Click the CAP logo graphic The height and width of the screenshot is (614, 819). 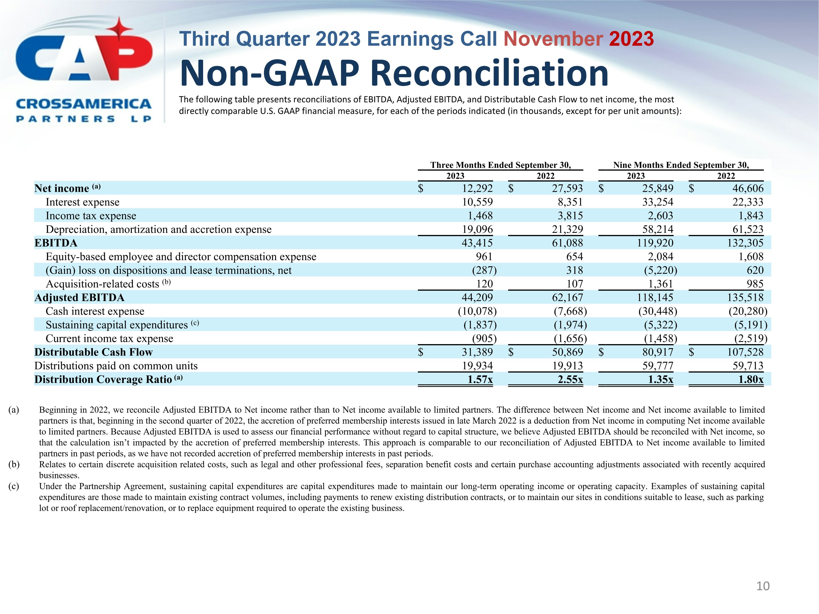pyautogui.click(x=84, y=52)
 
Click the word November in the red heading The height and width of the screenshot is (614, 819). pyautogui.click(x=553, y=39)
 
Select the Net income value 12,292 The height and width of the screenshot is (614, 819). pyautogui.click(x=477, y=188)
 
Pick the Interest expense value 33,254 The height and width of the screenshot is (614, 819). pyautogui.click(x=658, y=202)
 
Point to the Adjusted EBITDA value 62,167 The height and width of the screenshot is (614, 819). pyautogui.click(x=567, y=297)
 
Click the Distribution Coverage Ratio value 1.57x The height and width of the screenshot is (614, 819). pyautogui.click(x=480, y=379)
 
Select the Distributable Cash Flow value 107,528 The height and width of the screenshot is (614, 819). pyautogui.click(x=745, y=352)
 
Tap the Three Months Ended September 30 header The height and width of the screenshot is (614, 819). pyautogui.click(x=500, y=165)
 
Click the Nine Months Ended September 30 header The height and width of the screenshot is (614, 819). pyautogui.click(x=681, y=165)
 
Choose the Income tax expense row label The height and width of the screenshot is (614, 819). pyautogui.click(x=91, y=216)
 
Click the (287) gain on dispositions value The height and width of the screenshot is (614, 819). pyautogui.click(x=484, y=270)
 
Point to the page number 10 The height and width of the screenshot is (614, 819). pyautogui.click(x=763, y=586)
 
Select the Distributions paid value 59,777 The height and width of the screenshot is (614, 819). pyautogui.click(x=658, y=366)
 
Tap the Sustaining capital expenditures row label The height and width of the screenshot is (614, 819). pyautogui.click(x=117, y=325)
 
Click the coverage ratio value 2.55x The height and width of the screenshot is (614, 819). pyautogui.click(x=570, y=379)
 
